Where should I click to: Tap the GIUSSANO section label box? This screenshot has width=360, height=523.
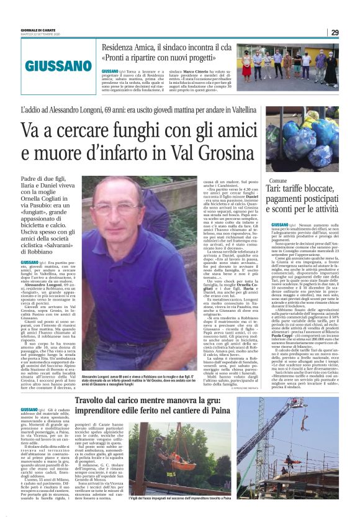click(52, 63)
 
